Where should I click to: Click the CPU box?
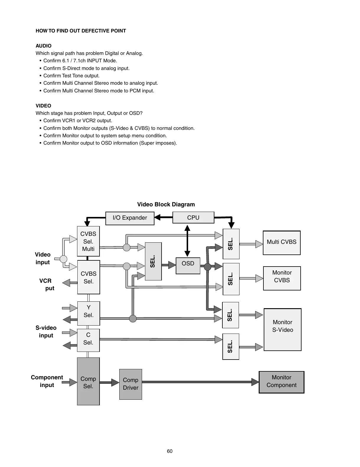[193, 218]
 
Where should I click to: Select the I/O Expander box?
[130, 218]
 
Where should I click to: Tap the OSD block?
[188, 265]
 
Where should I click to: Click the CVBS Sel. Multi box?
[88, 241]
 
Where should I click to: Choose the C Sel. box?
[88, 340]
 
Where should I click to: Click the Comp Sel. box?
[88, 381]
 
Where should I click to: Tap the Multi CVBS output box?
[281, 243]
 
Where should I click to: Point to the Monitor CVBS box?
[282, 278]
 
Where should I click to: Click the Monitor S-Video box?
[282, 329]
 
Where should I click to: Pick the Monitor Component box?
[281, 382]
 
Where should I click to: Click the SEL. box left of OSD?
[153, 261]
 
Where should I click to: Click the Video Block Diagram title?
[166, 204]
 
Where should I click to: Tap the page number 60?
[170, 451]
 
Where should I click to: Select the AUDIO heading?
[43, 46]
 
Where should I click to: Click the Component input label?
[47, 381]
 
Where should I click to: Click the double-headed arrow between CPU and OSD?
[187, 241]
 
